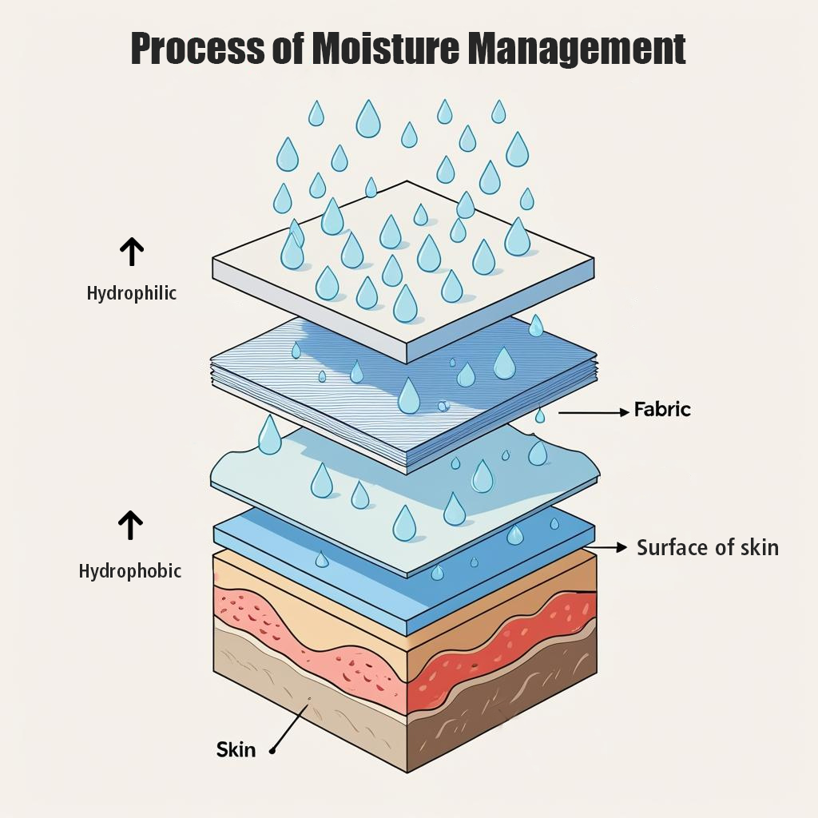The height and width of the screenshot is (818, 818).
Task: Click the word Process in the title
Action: [x=198, y=48]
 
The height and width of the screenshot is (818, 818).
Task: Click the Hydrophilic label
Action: [x=132, y=293]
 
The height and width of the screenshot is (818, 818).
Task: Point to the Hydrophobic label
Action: [x=130, y=570]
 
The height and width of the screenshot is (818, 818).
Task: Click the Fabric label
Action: [x=662, y=409]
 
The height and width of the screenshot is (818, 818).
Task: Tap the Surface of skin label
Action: [x=708, y=547]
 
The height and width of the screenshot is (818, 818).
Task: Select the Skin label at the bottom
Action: [x=236, y=749]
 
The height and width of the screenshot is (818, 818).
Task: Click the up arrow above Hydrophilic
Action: [x=132, y=252]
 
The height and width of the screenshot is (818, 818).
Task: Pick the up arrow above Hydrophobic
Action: [x=130, y=525]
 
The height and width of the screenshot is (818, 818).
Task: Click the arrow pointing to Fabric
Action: [x=594, y=413]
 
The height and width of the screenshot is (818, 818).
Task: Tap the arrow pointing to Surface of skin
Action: [x=609, y=547]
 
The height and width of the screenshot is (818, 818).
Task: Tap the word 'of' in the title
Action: [x=288, y=48]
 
